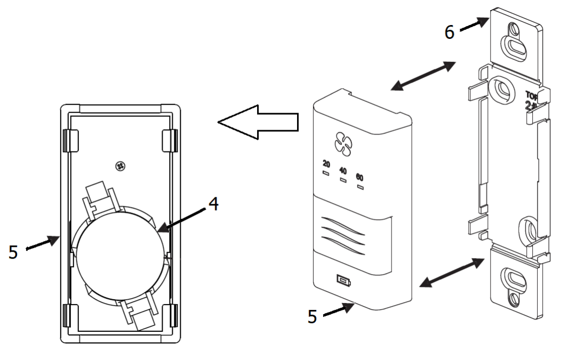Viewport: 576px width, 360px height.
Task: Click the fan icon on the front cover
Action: click(341, 142)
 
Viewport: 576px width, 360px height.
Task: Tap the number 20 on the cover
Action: click(326, 165)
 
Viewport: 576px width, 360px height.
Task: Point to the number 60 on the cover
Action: click(359, 178)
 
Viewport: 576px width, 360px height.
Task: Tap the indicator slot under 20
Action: click(326, 173)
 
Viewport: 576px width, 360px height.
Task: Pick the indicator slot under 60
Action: click(360, 187)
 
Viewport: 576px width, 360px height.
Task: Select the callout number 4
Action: click(212, 205)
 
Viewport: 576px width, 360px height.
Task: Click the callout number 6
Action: click(450, 32)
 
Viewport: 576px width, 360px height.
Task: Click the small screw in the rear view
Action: click(120, 167)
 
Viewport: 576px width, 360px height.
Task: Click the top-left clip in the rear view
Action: click(70, 140)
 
